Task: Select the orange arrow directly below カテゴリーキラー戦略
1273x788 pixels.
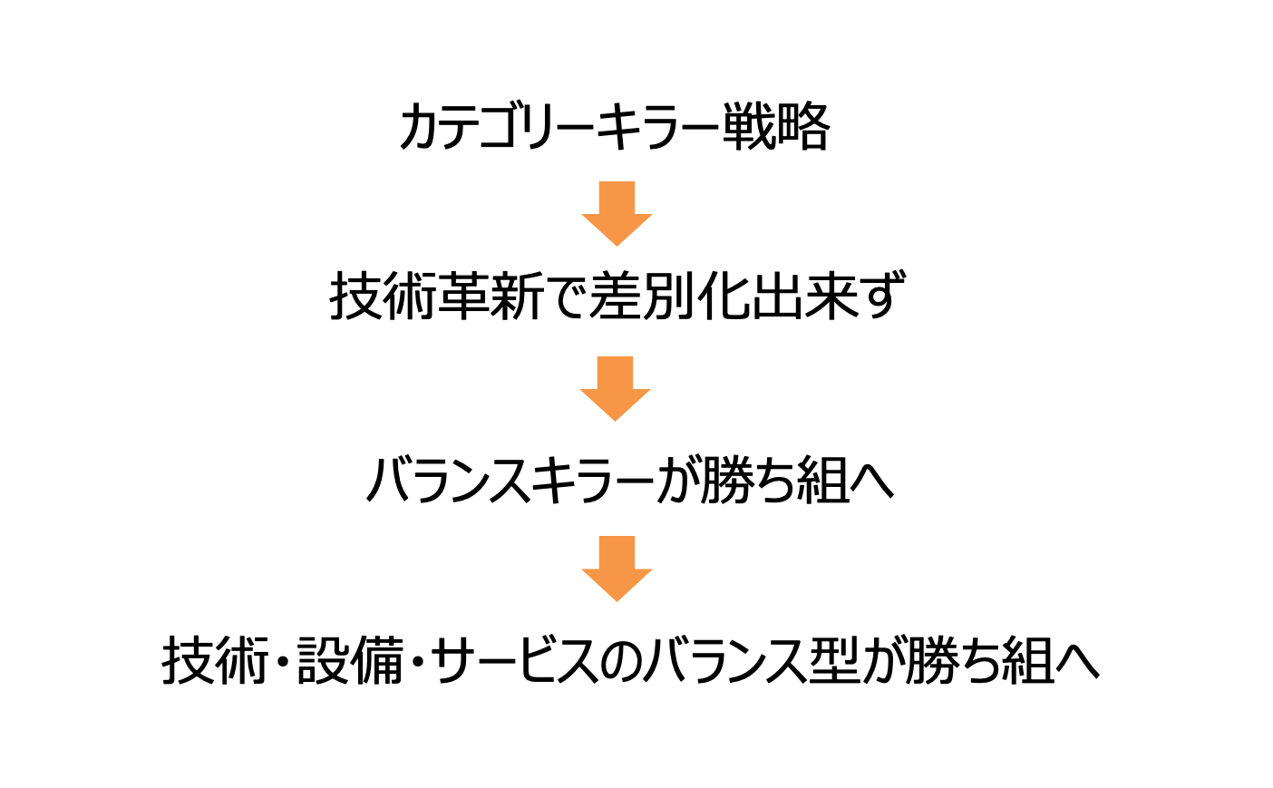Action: click(x=617, y=213)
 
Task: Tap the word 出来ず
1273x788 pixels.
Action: click(x=828, y=297)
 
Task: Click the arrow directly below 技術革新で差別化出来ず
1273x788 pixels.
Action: click(x=616, y=388)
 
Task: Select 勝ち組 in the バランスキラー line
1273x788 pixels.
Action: click(x=775, y=480)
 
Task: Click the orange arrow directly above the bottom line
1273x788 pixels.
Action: click(x=617, y=569)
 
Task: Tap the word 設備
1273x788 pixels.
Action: click(x=351, y=661)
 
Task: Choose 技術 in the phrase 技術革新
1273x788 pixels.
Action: click(x=384, y=297)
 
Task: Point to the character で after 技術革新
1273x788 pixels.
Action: click(x=567, y=297)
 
